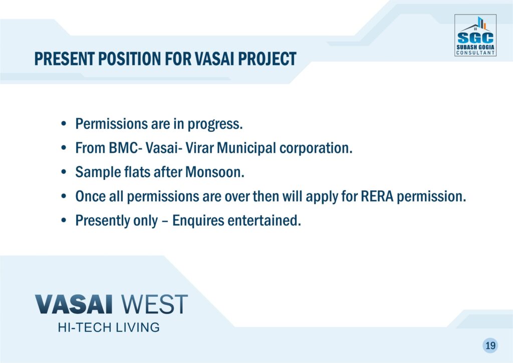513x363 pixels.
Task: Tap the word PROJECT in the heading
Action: pos(267,59)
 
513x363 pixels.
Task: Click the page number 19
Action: pos(490,345)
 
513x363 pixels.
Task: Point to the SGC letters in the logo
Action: pos(475,38)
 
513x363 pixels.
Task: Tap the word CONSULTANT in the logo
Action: pos(475,53)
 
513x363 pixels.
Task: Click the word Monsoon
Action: pos(214,172)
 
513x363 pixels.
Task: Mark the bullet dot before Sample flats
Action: pos(64,172)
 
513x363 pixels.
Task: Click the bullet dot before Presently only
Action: pos(64,221)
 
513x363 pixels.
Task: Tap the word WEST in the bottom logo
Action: pos(154,304)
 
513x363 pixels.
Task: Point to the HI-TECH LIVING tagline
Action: pos(109,327)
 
